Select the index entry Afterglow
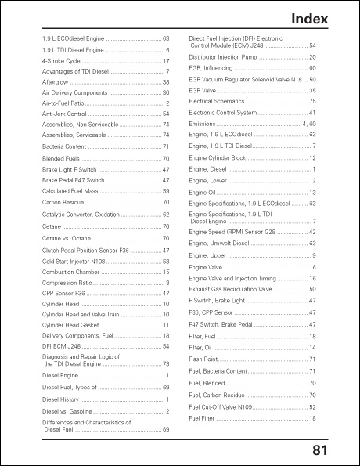tap(56, 81)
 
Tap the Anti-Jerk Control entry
tap(64, 114)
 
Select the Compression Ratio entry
tap(68, 282)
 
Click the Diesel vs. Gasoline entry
tap(67, 411)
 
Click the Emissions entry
tap(203, 124)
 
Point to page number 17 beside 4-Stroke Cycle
tap(166, 60)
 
